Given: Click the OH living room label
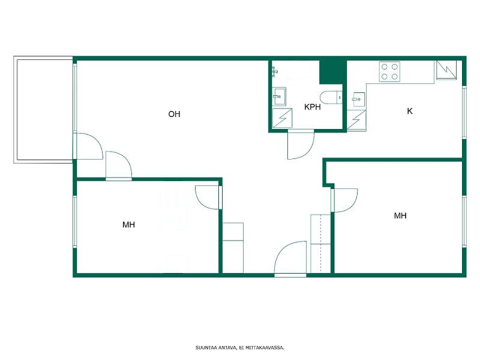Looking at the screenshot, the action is (174, 114).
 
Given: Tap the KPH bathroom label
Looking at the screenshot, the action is (312, 107).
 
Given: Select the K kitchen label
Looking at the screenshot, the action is (410, 111).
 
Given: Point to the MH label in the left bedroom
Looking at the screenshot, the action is (128, 224).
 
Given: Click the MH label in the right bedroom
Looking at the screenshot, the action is (400, 216).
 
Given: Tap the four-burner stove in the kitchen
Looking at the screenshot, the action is (389, 71).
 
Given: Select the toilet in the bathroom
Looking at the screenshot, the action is (331, 98).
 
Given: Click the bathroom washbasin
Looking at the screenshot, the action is (279, 97).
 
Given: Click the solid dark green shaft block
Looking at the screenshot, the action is (333, 72).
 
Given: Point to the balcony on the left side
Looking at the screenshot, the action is (43, 110).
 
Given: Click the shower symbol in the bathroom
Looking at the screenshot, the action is (282, 118).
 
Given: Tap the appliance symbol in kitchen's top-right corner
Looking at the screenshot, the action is (446, 70).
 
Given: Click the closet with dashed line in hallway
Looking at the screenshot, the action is (320, 244).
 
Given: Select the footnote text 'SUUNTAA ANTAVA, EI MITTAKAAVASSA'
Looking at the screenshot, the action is (240, 347).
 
